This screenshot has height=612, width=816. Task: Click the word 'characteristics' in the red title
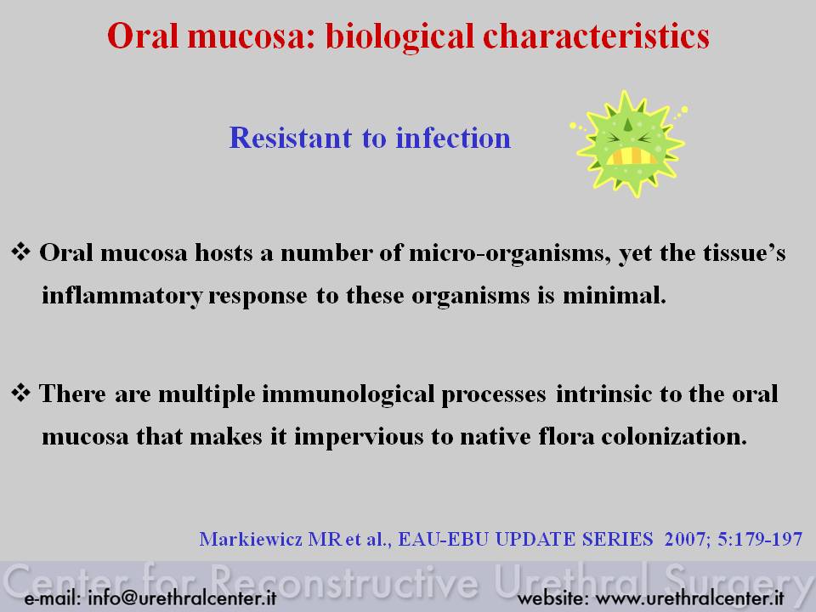point(596,36)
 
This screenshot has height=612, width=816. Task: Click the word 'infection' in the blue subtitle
point(453,138)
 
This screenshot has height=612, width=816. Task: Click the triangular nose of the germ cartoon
point(628,124)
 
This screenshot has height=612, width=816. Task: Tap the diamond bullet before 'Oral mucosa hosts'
point(20,252)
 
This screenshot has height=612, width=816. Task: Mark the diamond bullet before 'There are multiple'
point(20,393)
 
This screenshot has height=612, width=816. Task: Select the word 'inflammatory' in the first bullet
point(122,296)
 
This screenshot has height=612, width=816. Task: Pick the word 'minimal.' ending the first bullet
point(615,296)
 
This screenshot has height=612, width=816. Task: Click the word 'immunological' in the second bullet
point(348,394)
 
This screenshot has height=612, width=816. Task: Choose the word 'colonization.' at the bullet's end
point(674,436)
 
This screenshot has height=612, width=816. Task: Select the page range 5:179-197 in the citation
point(760,539)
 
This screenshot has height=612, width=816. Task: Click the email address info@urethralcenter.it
point(182,598)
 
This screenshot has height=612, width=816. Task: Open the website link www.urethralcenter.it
point(689,598)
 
